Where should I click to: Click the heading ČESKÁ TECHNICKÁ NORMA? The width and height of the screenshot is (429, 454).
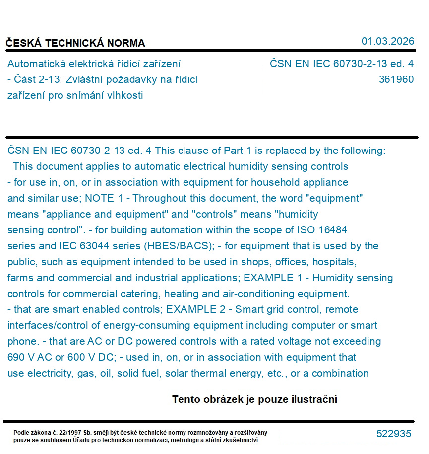click(75, 43)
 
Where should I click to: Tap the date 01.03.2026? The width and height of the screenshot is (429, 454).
click(387, 41)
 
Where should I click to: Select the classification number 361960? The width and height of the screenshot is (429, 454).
click(396, 79)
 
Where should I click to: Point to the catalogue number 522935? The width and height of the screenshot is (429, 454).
click(394, 434)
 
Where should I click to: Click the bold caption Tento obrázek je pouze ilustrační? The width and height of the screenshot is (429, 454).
click(254, 399)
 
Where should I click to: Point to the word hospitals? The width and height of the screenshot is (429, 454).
click(334, 262)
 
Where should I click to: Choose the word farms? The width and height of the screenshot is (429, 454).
click(20, 278)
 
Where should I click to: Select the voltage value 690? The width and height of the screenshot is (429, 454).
click(16, 357)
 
